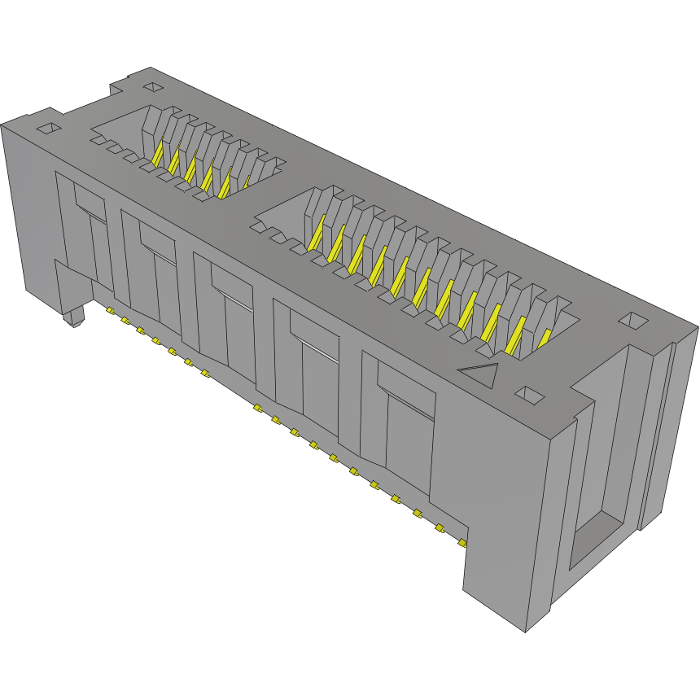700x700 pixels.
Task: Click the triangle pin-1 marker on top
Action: (481, 374)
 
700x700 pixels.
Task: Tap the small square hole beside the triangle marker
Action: (530, 395)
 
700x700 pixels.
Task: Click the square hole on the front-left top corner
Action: (49, 128)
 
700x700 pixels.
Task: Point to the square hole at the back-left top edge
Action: (152, 86)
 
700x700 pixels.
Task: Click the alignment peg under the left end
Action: (74, 317)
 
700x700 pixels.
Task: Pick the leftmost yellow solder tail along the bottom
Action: (109, 310)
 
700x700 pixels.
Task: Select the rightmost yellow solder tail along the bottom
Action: (462, 541)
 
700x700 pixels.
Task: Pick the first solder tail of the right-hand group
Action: (256, 408)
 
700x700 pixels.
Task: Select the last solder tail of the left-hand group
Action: (204, 374)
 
